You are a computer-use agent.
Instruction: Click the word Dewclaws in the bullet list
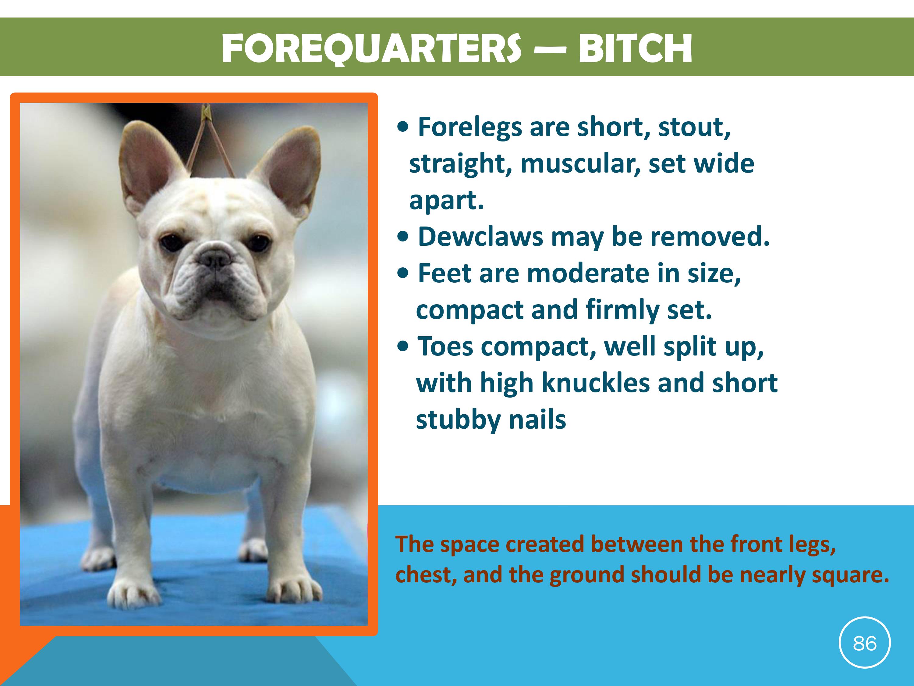point(480,237)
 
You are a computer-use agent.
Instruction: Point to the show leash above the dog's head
point(211,141)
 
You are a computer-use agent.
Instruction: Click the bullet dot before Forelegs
point(402,128)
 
